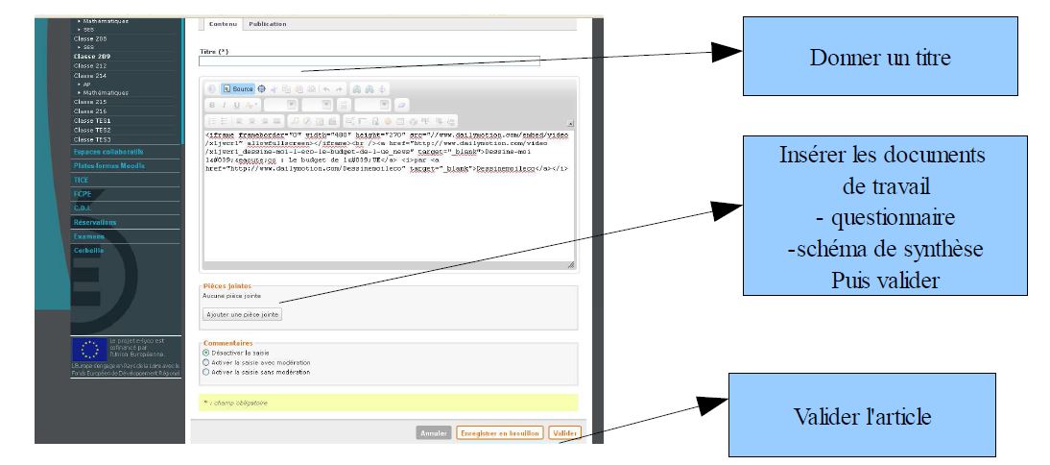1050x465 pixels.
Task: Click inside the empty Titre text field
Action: point(370,61)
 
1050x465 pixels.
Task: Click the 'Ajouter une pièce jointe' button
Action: point(243,314)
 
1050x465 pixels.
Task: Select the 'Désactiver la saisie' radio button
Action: point(206,352)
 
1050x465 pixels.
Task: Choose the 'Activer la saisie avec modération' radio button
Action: point(206,361)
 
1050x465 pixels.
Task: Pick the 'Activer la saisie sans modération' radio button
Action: point(206,371)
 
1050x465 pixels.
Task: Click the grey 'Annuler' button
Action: point(434,433)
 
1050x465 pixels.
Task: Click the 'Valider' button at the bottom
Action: point(565,433)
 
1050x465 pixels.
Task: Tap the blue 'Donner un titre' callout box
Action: point(879,57)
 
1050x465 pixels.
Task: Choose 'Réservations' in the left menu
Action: point(95,222)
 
